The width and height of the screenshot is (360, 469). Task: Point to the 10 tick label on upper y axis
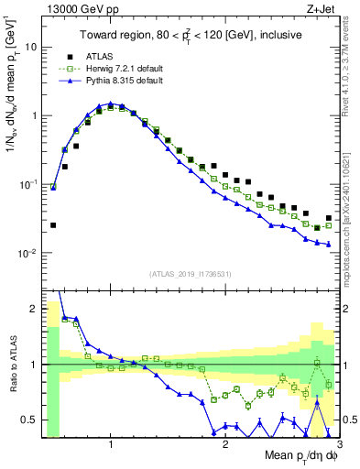[x=31, y=47]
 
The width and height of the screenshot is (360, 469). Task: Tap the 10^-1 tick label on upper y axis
[x=27, y=184]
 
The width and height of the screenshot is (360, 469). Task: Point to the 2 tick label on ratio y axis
[x=34, y=309]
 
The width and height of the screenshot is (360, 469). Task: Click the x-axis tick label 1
[x=111, y=445]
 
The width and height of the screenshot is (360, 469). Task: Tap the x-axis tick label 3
[x=339, y=445]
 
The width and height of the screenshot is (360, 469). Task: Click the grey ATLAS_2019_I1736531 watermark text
[x=191, y=273]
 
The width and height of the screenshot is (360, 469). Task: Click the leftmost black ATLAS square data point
[x=53, y=224]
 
